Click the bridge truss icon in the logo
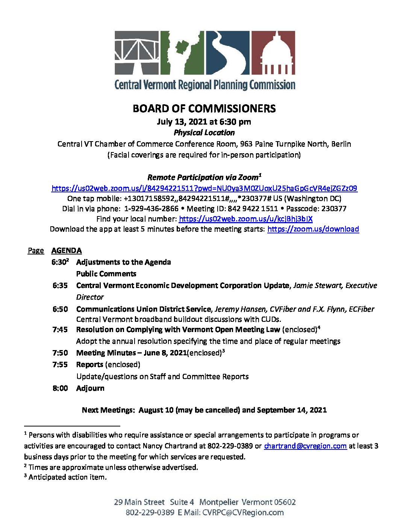click(131, 53)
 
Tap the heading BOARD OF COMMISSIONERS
click(204, 108)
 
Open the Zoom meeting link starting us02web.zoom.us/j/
click(204, 188)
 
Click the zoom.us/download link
click(313, 229)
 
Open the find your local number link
click(245, 219)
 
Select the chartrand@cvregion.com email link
click(305, 446)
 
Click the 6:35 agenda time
click(60, 285)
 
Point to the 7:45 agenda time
click(60, 329)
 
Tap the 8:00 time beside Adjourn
click(60, 388)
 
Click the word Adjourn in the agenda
click(90, 388)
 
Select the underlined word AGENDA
click(67, 250)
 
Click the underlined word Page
click(36, 250)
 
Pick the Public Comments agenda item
click(106, 274)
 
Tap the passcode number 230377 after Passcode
click(334, 209)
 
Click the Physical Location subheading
click(204, 132)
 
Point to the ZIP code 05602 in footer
click(285, 502)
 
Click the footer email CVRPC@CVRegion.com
click(243, 512)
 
